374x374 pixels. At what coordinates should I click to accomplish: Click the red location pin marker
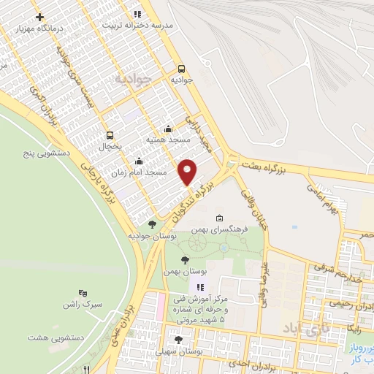(188, 172)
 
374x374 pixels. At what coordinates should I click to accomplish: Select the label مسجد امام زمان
(142, 172)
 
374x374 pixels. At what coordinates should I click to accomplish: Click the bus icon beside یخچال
(110, 134)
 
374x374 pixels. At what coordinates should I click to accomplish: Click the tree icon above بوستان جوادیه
(151, 224)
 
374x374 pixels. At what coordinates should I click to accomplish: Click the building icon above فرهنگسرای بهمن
(219, 218)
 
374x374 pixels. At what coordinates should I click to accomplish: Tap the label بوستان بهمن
(182, 271)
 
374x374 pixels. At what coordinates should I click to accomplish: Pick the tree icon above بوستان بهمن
(183, 259)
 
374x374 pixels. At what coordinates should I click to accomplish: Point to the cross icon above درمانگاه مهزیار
(39, 17)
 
